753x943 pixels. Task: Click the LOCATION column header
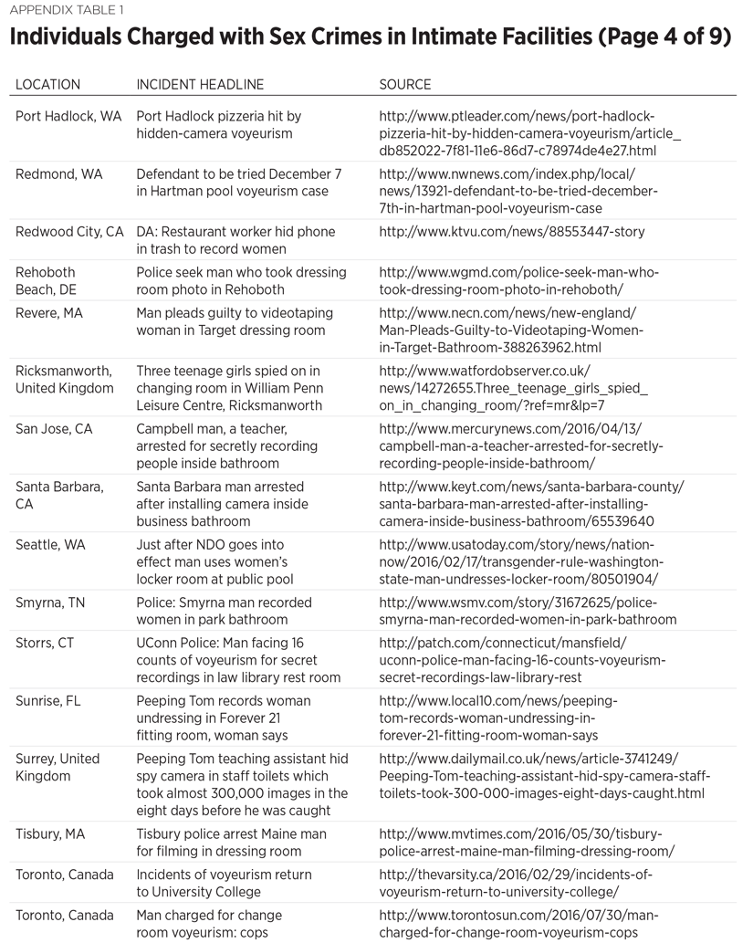(47, 85)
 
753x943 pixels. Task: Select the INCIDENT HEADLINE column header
(200, 85)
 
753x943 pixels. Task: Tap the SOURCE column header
(405, 85)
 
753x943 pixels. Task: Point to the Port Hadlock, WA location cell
(68, 117)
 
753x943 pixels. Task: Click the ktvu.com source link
(511, 232)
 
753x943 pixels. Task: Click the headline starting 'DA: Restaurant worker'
(235, 240)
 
